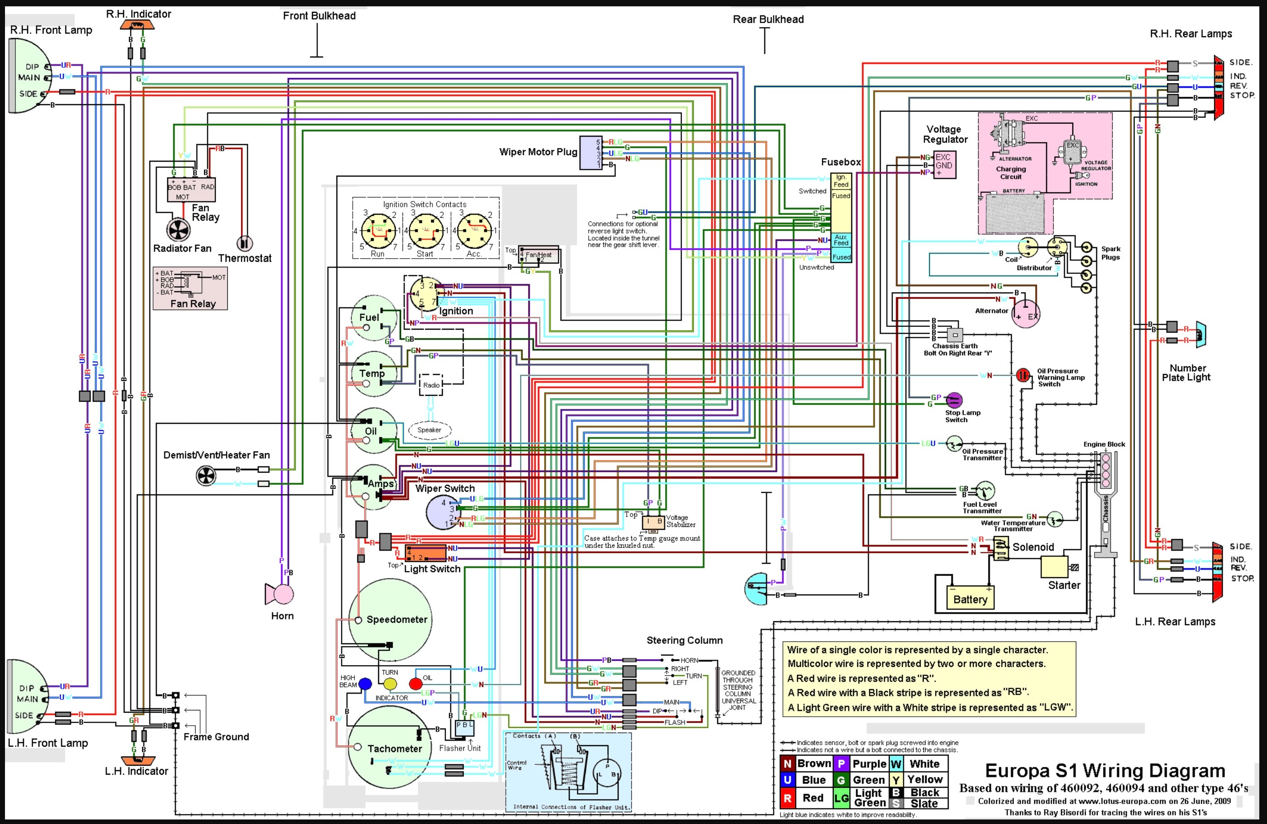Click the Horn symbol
click(281, 594)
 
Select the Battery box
click(969, 599)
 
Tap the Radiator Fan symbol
click(178, 230)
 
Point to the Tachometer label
click(394, 748)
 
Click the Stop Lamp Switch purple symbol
click(954, 399)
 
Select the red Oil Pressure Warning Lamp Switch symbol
click(1022, 375)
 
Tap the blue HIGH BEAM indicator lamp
click(365, 684)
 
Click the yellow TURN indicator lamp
click(390, 684)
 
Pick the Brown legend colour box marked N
click(787, 764)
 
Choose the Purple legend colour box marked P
click(841, 764)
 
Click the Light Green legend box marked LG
click(841, 798)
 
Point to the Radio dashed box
click(431, 385)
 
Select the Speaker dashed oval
click(429, 430)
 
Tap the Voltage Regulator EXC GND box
click(944, 165)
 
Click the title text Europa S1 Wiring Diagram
click(1104, 771)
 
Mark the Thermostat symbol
click(245, 243)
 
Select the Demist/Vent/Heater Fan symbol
click(206, 475)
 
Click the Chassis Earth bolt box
click(955, 335)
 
